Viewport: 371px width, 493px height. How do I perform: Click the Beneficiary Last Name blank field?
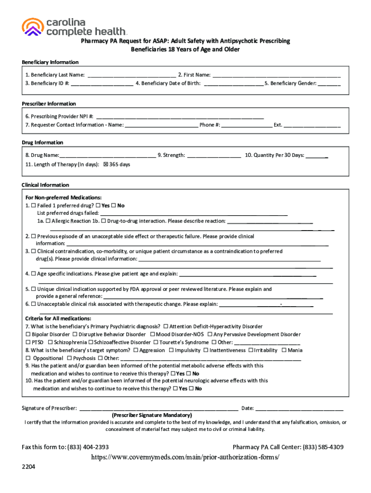coord(131,75)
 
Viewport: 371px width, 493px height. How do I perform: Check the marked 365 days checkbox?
coord(106,164)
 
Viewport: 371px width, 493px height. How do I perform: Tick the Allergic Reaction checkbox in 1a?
coord(48,221)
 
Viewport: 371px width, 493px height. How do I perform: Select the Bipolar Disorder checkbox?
coord(28,335)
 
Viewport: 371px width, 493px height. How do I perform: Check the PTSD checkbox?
coord(28,342)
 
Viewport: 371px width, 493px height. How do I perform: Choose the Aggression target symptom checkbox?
coord(136,350)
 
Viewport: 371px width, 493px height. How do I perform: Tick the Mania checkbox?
coord(284,350)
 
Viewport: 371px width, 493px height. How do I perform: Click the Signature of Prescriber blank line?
coord(158,408)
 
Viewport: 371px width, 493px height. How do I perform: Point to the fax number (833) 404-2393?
coord(88,447)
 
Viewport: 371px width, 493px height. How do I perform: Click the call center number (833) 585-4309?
coord(323,447)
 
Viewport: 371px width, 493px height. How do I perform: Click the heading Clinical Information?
coord(45,185)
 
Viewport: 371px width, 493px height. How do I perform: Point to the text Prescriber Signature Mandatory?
coord(152,415)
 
